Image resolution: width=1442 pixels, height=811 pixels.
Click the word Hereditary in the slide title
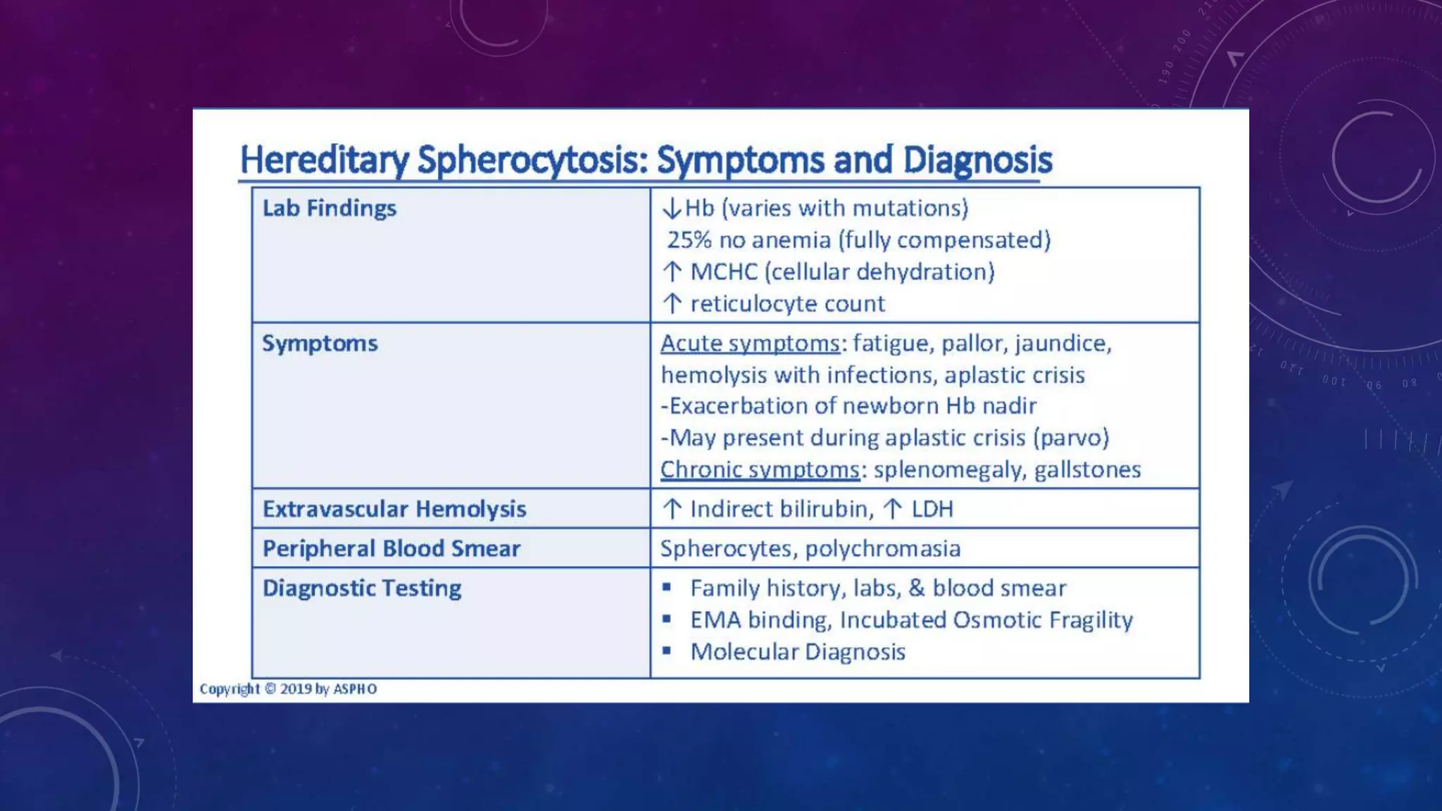click(325, 160)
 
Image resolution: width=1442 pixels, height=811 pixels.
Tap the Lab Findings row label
click(329, 208)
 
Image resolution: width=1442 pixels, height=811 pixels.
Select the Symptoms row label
click(320, 344)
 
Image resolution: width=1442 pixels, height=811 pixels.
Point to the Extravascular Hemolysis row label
click(394, 509)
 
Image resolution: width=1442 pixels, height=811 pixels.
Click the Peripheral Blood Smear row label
click(391, 548)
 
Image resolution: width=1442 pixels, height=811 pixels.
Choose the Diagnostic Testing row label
click(362, 588)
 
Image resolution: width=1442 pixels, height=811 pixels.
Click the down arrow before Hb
click(672, 208)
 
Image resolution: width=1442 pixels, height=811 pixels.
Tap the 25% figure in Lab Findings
click(689, 240)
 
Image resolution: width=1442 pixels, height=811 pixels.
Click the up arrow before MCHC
click(672, 272)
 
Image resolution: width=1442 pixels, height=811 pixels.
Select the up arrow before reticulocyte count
click(672, 303)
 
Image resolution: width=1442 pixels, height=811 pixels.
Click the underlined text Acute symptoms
click(750, 344)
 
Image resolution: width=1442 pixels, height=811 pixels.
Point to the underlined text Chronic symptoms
click(760, 470)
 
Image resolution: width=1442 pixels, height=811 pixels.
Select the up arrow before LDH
click(893, 509)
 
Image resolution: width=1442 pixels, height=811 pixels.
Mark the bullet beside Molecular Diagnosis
click(666, 650)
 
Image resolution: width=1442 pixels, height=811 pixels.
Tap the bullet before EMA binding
click(666, 619)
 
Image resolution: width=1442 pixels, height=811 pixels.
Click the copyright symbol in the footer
click(270, 689)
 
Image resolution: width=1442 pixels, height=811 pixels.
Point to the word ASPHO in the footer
click(355, 689)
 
